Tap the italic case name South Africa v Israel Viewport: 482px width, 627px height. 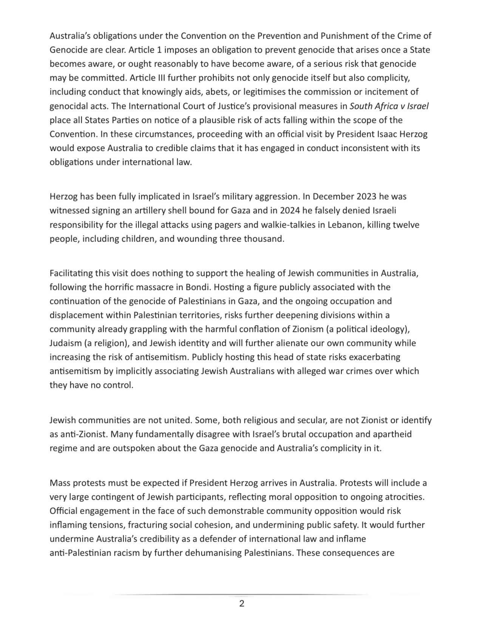coord(389,106)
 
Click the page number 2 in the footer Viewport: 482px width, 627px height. coord(242,604)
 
